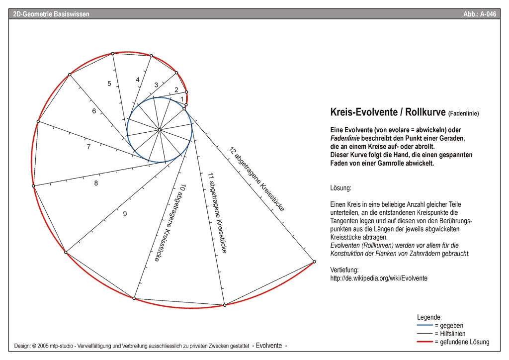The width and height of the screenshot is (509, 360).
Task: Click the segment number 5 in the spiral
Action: pyautogui.click(x=109, y=84)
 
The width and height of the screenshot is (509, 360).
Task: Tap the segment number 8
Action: pyautogui.click(x=96, y=183)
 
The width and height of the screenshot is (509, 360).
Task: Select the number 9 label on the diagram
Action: pyautogui.click(x=125, y=214)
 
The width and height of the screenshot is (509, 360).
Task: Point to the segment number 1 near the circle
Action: pyautogui.click(x=182, y=99)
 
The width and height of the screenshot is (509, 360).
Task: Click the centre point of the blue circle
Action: pyautogui.click(x=160, y=130)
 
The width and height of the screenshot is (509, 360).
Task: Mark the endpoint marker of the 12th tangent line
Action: pyautogui.click(x=314, y=262)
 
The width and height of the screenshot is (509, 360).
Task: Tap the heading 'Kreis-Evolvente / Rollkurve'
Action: pyautogui.click(x=388, y=112)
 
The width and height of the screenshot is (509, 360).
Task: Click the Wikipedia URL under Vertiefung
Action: pyautogui.click(x=379, y=278)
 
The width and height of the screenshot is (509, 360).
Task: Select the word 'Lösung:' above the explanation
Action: pyautogui.click(x=340, y=188)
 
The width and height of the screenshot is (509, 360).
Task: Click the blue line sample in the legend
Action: pyautogui.click(x=425, y=325)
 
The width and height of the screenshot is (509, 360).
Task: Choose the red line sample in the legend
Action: pyautogui.click(x=425, y=342)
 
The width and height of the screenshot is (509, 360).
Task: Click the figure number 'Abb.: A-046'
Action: pyautogui.click(x=480, y=14)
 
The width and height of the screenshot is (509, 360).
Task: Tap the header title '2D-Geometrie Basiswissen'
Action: pyautogui.click(x=51, y=14)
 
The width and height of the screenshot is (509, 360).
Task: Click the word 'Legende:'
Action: pyautogui.click(x=429, y=317)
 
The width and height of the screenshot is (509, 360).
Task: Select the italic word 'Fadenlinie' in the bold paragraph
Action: pyautogui.click(x=345, y=138)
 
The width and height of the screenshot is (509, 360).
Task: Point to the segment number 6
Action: pyautogui.click(x=94, y=111)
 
